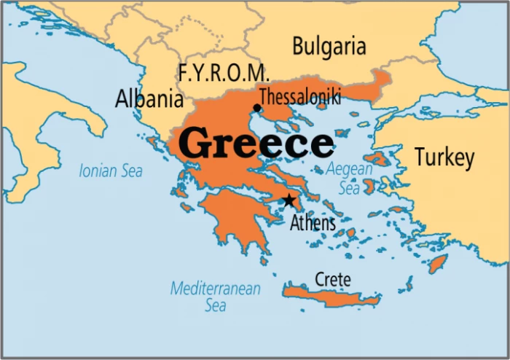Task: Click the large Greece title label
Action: click(x=256, y=144)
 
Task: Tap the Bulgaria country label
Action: click(x=329, y=47)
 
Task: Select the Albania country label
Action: click(x=149, y=99)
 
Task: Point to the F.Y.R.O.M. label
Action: click(x=224, y=74)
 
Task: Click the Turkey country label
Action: click(x=444, y=157)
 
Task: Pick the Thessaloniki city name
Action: click(x=299, y=97)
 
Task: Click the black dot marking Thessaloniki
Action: click(x=257, y=108)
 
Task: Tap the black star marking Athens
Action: click(x=289, y=200)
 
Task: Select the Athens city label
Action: click(x=313, y=222)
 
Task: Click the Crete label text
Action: click(x=332, y=279)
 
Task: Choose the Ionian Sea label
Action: click(x=111, y=171)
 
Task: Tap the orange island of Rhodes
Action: click(x=438, y=264)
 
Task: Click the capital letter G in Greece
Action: click(x=195, y=144)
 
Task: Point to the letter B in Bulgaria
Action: click(x=299, y=47)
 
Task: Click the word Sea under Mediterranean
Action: click(x=215, y=305)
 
